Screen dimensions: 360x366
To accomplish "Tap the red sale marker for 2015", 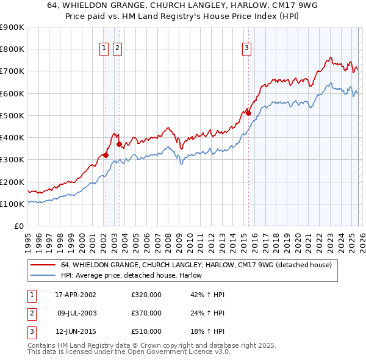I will tap(248, 113).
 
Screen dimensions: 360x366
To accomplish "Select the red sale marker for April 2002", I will tap(106, 155).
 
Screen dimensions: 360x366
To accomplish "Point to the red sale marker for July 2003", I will tap(119, 144).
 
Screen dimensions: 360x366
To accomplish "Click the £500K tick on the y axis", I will tap(12, 115).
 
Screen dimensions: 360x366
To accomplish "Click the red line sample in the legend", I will tap(43, 265).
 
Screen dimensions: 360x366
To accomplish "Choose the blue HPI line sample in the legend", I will tap(43, 276).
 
